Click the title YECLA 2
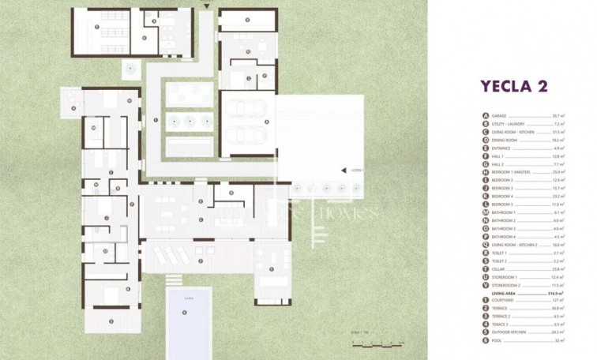(x=514, y=86)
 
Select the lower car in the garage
(x=245, y=136)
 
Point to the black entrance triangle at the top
(x=206, y=6)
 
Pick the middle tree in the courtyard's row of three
(x=190, y=121)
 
